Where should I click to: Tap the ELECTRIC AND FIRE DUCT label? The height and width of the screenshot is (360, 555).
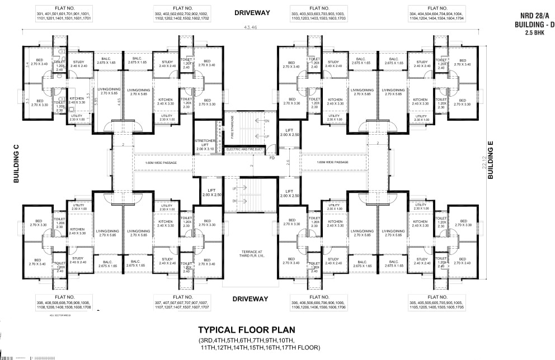tap(244, 149)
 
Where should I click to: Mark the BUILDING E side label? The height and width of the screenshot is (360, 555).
tap(491, 160)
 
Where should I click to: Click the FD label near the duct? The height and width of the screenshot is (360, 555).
tap(272, 157)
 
